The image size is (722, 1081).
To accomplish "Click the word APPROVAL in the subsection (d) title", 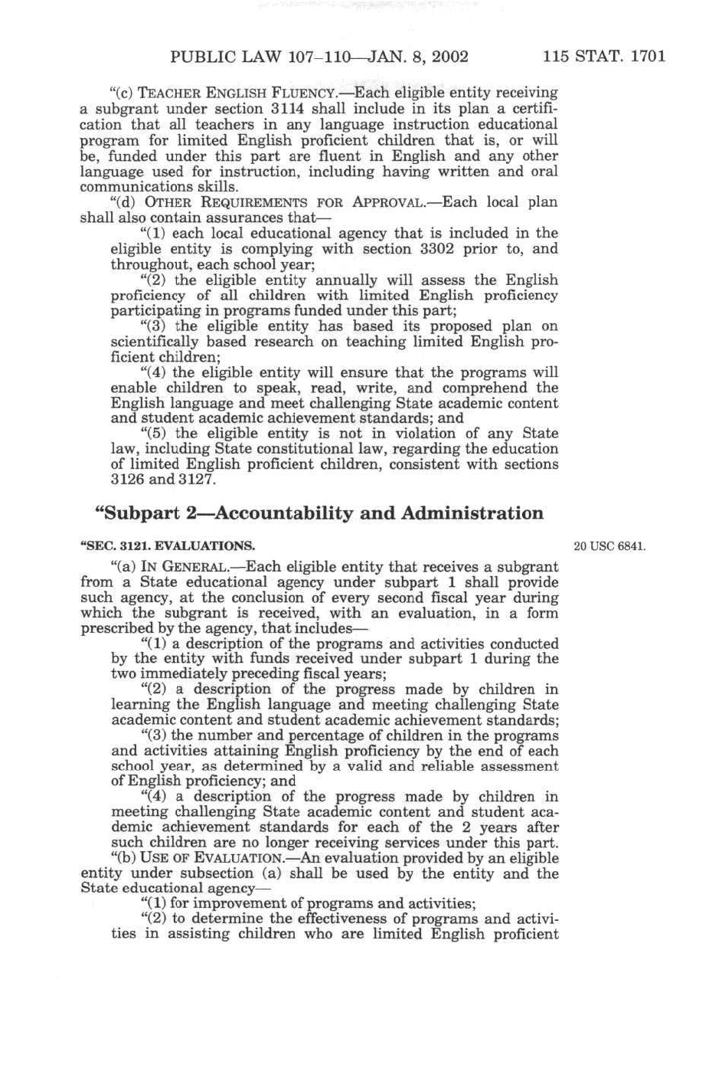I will click(387, 203).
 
